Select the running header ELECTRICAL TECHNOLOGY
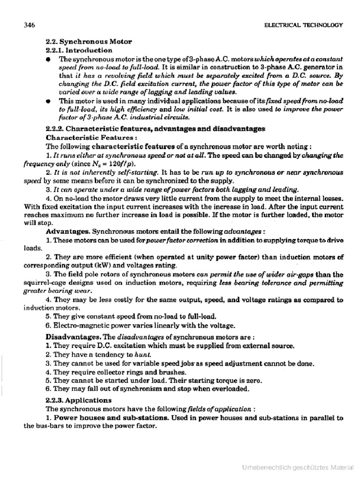pyautogui.click(x=303, y=25)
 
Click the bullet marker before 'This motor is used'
pyautogui.click(x=48, y=101)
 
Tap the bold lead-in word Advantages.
pyautogui.click(x=68, y=232)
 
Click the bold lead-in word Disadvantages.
pyautogui.click(x=73, y=337)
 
